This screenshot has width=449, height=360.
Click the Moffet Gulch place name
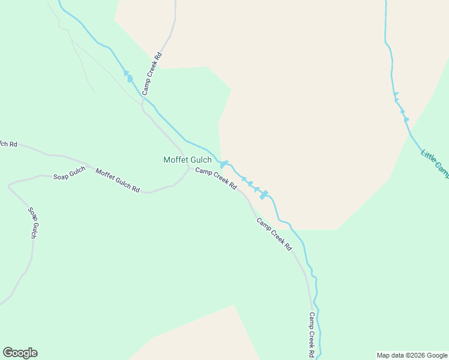[x=188, y=160]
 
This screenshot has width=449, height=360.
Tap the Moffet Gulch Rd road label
[x=118, y=180]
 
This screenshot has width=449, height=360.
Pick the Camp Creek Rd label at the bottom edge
[x=312, y=335]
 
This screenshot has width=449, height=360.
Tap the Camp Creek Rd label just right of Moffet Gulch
[x=216, y=179]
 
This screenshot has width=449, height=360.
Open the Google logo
[x=20, y=353]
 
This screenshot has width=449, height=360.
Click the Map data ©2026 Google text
[x=412, y=355]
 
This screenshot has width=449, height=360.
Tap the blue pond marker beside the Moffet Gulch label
[x=223, y=164]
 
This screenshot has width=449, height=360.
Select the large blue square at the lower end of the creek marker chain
[x=263, y=195]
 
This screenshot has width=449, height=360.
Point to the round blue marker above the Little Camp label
[x=406, y=119]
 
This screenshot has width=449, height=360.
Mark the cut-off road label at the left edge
[x=8, y=144]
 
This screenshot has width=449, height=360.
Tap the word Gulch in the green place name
[x=200, y=160]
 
